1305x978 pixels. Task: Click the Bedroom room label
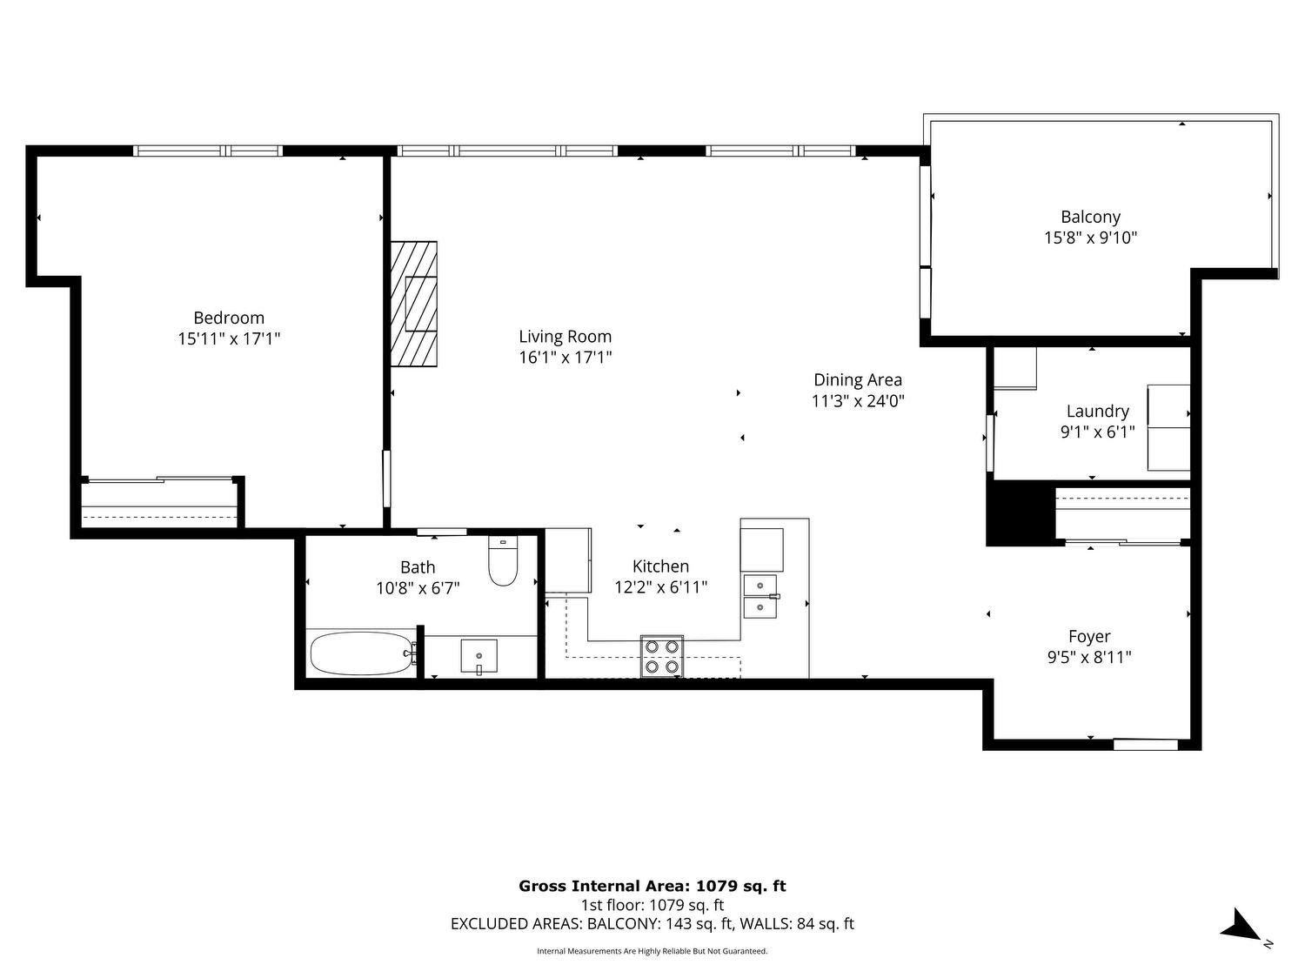(228, 318)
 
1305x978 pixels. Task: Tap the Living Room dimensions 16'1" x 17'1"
(565, 358)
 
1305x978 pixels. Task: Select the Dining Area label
(857, 380)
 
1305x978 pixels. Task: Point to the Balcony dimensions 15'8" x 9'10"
(1090, 238)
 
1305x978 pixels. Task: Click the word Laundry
(1098, 412)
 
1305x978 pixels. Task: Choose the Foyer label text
(1089, 637)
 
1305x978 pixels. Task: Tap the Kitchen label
(660, 566)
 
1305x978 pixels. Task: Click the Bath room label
(418, 567)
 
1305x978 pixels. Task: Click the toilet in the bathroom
(503, 560)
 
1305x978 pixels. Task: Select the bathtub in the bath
(362, 653)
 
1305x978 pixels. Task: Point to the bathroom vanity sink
(479, 656)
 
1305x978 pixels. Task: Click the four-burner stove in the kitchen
(662, 656)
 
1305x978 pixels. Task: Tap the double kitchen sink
(760, 596)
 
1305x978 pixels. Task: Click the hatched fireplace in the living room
(414, 304)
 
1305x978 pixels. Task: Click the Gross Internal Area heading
(652, 887)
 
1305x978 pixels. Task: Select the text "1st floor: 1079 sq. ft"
(652, 906)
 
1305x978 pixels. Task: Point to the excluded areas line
(652, 924)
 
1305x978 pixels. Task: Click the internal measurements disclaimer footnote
(652, 951)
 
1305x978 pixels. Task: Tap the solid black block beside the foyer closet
(1018, 514)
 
